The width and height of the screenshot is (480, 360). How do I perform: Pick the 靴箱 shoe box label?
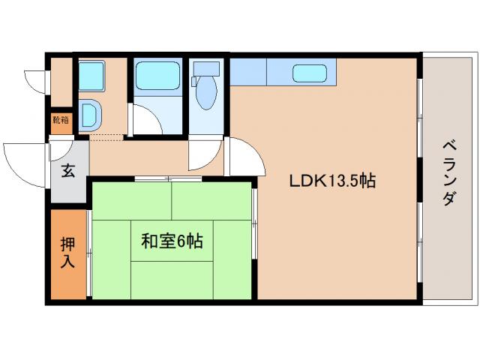(x=60, y=119)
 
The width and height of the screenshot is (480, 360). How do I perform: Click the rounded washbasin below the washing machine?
(x=91, y=115)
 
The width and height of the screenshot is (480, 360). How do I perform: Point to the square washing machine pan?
(x=91, y=75)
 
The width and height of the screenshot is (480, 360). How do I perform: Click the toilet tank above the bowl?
(x=204, y=70)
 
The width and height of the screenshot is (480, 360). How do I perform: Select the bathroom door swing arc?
(x=148, y=120)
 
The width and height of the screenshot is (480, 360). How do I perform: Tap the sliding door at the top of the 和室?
(x=172, y=178)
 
